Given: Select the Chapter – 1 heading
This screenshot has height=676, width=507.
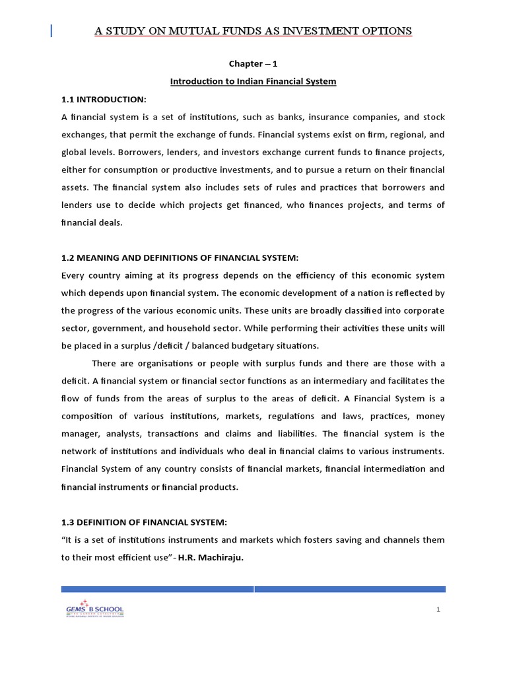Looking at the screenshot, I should coord(253,64).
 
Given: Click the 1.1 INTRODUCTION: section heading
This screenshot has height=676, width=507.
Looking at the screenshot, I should coord(104,99).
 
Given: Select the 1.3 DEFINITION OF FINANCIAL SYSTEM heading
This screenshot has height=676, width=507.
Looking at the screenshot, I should coord(144,522).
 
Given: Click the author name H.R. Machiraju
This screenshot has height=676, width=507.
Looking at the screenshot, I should coord(215,557).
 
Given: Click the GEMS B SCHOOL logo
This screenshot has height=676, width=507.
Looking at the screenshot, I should coord(94,609).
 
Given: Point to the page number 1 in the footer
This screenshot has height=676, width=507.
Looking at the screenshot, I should coord(438,609).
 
